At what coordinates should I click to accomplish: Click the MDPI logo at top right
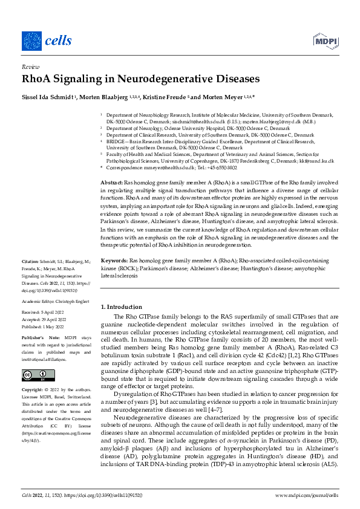324,41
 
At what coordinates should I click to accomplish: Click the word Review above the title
30,68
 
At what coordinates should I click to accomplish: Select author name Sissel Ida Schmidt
50,97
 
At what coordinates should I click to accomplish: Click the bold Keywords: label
114,261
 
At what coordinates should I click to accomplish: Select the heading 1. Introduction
121,306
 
